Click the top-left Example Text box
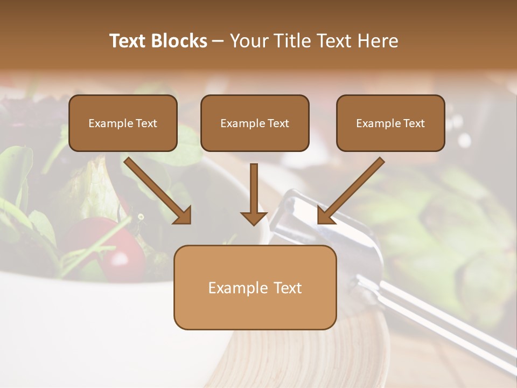pyautogui.click(x=123, y=123)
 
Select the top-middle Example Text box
pyautogui.click(x=255, y=123)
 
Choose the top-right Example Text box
pyautogui.click(x=390, y=123)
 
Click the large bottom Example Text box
pyautogui.click(x=255, y=288)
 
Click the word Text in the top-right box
pyautogui.click(x=414, y=123)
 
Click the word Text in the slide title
pyautogui.click(x=129, y=41)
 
